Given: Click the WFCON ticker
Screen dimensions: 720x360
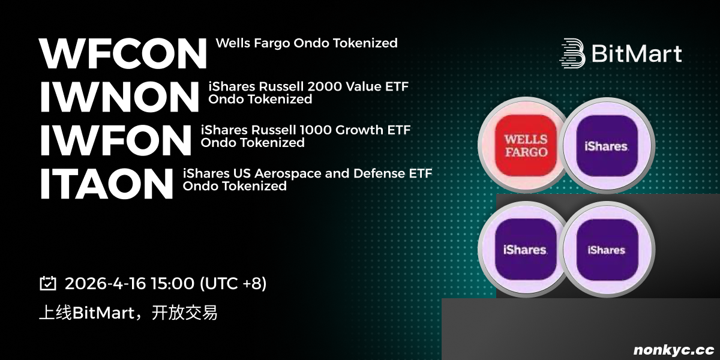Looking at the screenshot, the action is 123,53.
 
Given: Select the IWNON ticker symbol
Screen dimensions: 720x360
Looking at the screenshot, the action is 119,97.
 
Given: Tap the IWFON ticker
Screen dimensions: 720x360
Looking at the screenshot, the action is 116,140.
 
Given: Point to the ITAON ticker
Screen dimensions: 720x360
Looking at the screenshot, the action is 106,184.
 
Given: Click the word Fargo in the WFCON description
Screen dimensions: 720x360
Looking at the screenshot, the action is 272,43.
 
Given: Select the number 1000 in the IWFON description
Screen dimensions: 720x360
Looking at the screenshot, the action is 316,130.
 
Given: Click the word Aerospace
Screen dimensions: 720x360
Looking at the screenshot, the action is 288,173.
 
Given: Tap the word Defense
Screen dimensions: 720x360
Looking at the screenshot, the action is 379,173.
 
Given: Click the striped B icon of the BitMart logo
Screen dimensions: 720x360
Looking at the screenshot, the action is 572,53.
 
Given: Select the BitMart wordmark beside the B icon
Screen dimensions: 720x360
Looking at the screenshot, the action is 637,53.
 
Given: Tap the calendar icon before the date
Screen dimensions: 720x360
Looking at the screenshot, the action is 48,283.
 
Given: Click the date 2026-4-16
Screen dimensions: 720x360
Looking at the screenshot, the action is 106,283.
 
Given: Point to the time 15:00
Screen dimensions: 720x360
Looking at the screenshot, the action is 173,283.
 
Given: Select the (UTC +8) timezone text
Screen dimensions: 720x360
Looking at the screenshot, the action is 233,283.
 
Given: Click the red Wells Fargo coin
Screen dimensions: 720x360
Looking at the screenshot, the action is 525,145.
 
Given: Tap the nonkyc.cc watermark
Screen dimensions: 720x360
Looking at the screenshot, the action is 674,350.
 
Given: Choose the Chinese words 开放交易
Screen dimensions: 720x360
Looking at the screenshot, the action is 185,313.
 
